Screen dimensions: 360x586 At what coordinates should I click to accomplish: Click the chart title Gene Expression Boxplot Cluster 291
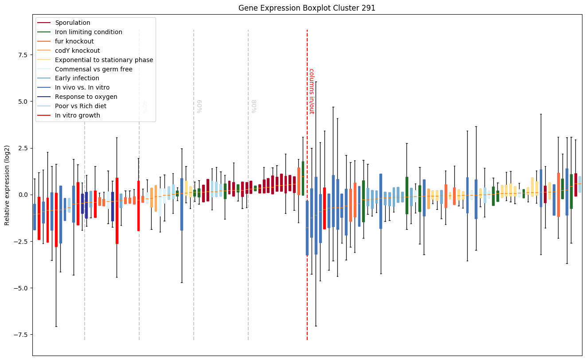pyautogui.click(x=307, y=8)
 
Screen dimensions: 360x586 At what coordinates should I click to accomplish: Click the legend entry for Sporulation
pyautogui.click(x=72, y=23)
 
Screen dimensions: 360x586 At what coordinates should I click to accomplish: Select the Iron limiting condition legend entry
pyautogui.click(x=88, y=32)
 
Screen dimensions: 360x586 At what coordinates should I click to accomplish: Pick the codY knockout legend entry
pyautogui.click(x=77, y=51)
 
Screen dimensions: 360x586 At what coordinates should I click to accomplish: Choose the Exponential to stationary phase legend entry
pyautogui.click(x=104, y=60)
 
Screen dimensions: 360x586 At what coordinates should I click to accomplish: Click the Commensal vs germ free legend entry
pyautogui.click(x=94, y=69)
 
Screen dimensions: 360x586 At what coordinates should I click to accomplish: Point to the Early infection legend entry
pyautogui.click(x=77, y=78)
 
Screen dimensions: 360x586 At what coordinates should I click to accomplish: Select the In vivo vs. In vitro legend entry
pyautogui.click(x=82, y=87)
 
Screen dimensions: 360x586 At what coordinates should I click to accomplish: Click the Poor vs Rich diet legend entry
pyautogui.click(x=80, y=106)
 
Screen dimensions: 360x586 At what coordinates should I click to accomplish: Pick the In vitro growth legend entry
pyautogui.click(x=77, y=115)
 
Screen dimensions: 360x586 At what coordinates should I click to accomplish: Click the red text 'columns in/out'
pyautogui.click(x=311, y=91)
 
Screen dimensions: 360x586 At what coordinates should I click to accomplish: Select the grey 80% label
pyautogui.click(x=254, y=106)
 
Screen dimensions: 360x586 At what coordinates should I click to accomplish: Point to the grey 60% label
pyautogui.click(x=199, y=106)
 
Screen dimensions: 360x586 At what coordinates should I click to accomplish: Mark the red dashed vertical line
pyautogui.click(x=307, y=222)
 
